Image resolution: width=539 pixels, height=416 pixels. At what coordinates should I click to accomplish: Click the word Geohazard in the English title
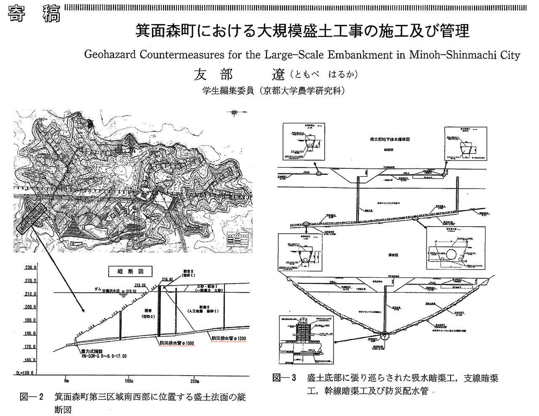(107, 55)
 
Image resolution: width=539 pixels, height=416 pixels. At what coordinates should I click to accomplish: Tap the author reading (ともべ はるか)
(324, 75)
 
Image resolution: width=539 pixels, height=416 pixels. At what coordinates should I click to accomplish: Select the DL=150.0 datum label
(20, 373)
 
